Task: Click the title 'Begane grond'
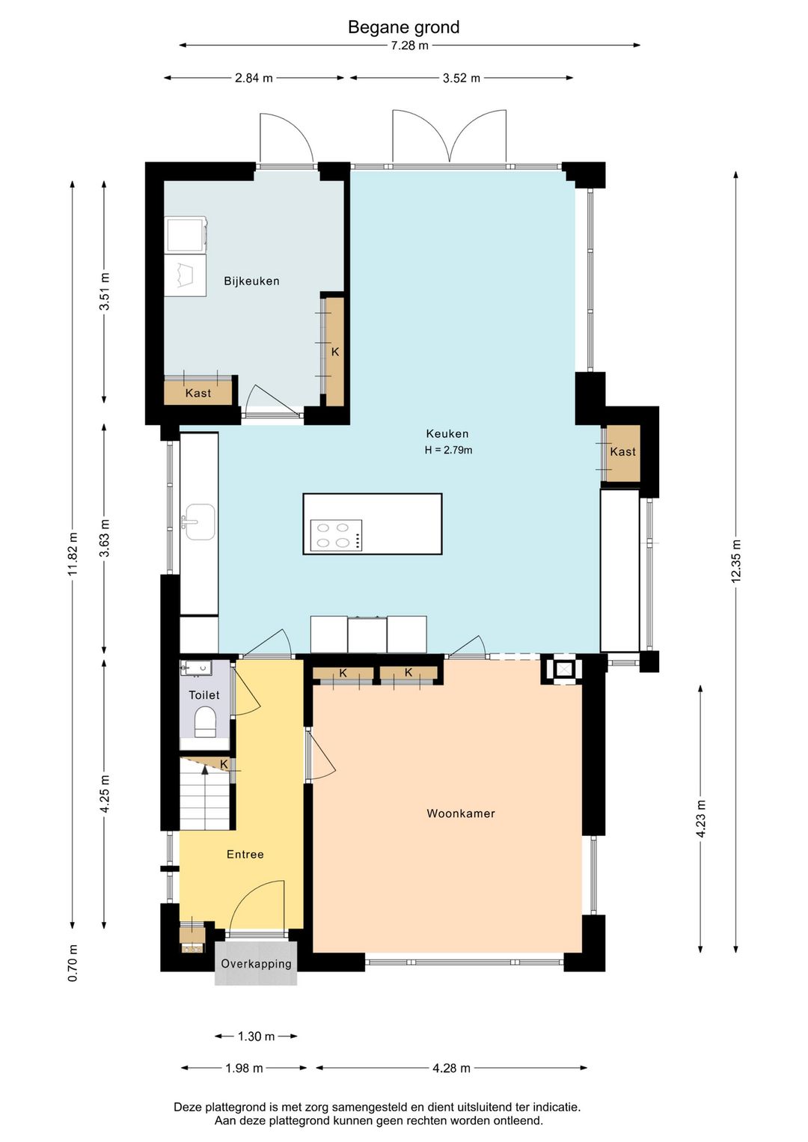click(404, 26)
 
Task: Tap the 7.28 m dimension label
click(409, 46)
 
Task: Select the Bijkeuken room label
click(251, 281)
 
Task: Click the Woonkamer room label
click(461, 813)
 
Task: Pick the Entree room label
click(245, 855)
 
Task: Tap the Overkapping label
click(256, 964)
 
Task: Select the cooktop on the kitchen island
click(337, 535)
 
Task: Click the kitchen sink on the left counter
click(199, 522)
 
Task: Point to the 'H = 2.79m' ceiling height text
click(449, 451)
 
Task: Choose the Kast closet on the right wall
click(622, 453)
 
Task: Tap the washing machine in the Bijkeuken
click(186, 235)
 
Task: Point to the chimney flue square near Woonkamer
click(562, 669)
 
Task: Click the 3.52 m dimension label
click(461, 78)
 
